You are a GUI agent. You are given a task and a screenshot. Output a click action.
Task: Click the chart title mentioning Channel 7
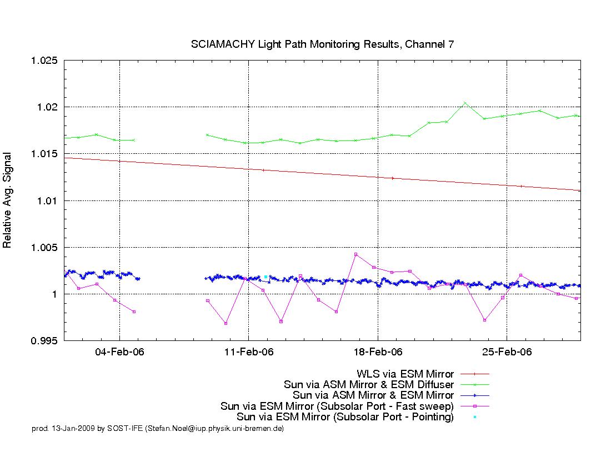coord(322,44)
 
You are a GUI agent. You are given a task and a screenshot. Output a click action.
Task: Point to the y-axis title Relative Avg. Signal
coord(7,200)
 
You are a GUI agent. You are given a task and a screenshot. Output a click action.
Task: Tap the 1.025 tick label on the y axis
coord(44,61)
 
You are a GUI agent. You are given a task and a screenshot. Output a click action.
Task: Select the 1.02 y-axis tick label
coord(47,107)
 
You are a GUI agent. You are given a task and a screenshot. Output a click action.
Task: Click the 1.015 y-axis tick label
coord(44,154)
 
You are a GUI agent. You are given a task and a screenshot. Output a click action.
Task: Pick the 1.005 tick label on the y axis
coord(44,247)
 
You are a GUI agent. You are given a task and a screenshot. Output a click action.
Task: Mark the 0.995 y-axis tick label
coord(44,341)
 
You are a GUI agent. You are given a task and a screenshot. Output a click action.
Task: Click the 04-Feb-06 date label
coord(119,352)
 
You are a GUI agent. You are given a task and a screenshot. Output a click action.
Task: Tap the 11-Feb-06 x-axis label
coord(249,352)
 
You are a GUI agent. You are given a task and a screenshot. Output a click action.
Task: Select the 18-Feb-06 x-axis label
coord(378,352)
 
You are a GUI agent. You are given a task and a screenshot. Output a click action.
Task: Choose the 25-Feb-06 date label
coord(507,352)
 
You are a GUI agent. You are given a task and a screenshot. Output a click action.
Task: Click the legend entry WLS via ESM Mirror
coord(405,374)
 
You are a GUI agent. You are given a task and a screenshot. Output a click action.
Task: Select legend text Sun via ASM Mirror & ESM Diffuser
coord(369,385)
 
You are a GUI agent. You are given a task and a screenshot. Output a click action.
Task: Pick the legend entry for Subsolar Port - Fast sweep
coord(337,406)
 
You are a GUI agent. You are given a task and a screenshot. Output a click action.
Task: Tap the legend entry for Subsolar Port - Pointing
coord(345,417)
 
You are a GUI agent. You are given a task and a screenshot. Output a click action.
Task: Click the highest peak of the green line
coord(465,103)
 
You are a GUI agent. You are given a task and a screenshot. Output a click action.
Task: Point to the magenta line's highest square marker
coord(355,254)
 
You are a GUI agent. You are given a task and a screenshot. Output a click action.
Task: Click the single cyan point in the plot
coord(266,277)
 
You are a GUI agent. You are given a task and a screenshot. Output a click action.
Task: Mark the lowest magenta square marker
coord(226,323)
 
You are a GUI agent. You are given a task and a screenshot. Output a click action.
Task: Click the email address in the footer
coord(214,429)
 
